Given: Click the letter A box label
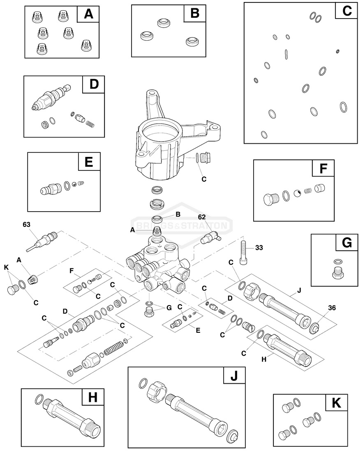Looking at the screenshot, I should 88,14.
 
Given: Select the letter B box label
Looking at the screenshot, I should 194,14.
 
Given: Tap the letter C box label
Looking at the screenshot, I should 347,11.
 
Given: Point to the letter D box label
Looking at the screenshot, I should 94,84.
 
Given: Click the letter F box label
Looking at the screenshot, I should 323,169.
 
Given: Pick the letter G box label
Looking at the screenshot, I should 347,243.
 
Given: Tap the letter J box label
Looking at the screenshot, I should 234,376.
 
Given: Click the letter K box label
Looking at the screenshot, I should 336,403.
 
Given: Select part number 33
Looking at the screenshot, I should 259,248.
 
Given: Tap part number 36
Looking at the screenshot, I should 332,308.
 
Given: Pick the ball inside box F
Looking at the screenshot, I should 297,193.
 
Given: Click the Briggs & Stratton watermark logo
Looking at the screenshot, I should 181,226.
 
